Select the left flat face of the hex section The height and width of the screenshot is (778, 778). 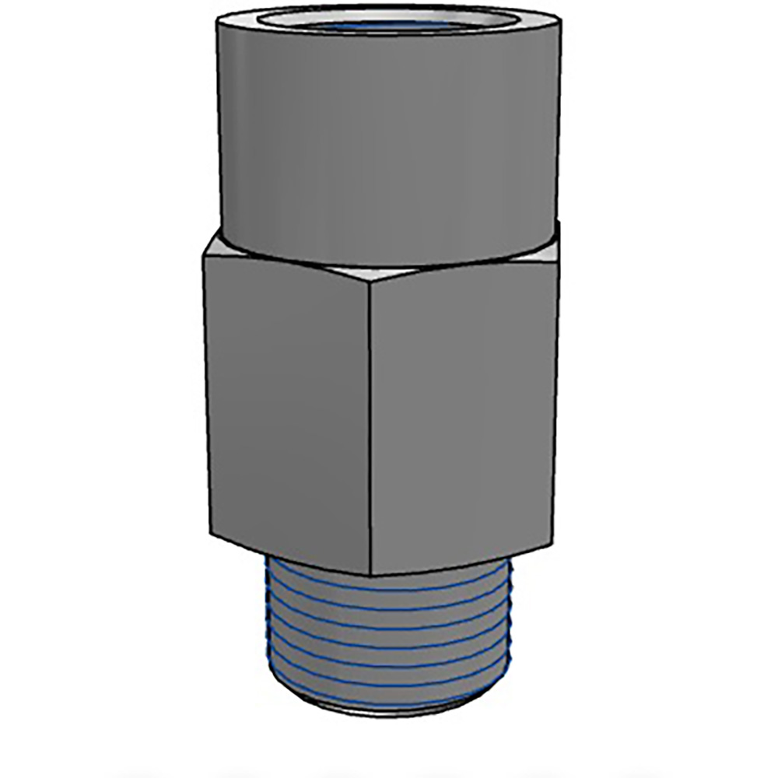[x=288, y=412]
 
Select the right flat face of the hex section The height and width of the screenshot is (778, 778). [x=463, y=412]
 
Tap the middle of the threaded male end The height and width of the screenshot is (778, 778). [x=389, y=638]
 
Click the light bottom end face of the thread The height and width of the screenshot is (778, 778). [x=389, y=710]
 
